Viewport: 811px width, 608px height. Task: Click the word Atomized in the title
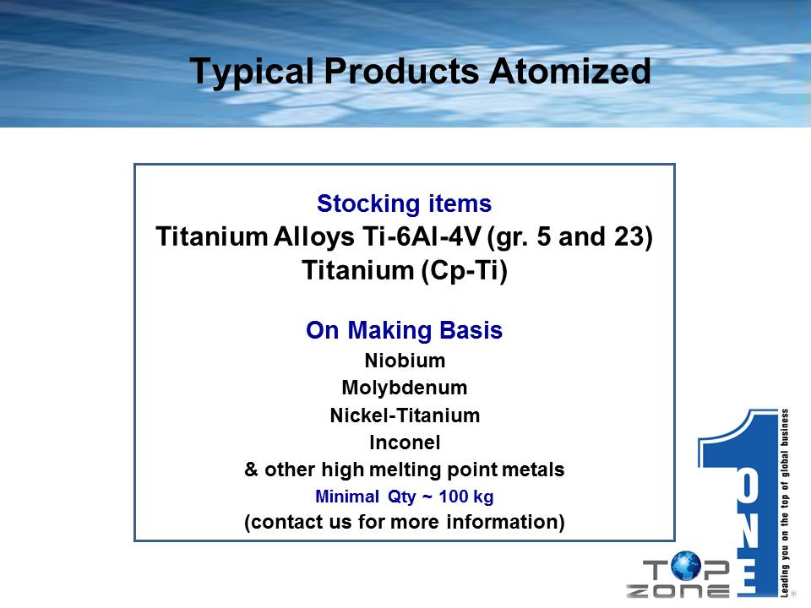pyautogui.click(x=569, y=71)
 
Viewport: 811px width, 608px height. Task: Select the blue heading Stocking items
pyautogui.click(x=404, y=204)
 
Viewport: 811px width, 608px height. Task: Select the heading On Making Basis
pyautogui.click(x=404, y=330)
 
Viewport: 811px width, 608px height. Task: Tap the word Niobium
pyautogui.click(x=405, y=361)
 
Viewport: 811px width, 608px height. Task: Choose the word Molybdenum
pyautogui.click(x=405, y=388)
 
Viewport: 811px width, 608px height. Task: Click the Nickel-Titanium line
pyautogui.click(x=405, y=415)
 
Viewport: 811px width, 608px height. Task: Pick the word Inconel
pyautogui.click(x=405, y=442)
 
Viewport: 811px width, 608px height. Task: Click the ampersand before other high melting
pyautogui.click(x=251, y=470)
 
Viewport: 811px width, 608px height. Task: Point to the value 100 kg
pyautogui.click(x=466, y=497)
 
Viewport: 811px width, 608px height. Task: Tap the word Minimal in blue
pyautogui.click(x=347, y=497)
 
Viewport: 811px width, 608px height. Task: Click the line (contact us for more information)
pyautogui.click(x=405, y=522)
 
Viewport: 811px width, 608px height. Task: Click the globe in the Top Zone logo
pyautogui.click(x=685, y=566)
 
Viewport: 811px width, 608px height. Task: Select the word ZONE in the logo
pyautogui.click(x=678, y=590)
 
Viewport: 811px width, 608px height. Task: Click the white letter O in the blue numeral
pyautogui.click(x=748, y=486)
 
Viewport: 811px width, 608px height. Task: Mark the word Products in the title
pyautogui.click(x=401, y=71)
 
